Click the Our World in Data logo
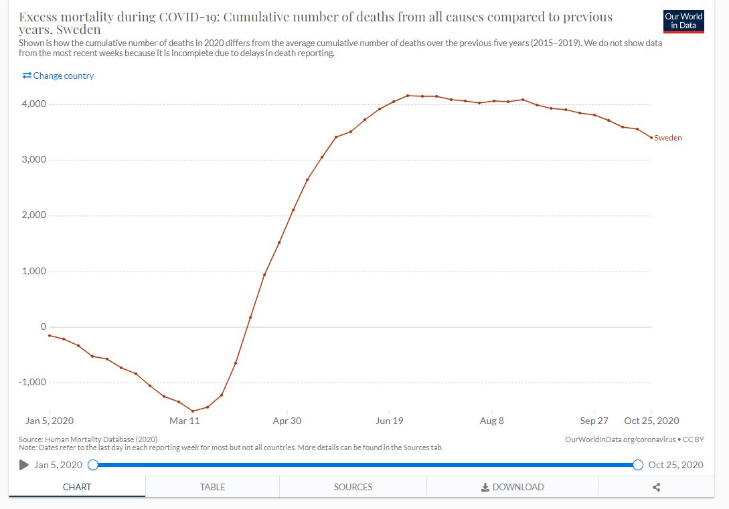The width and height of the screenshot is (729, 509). click(x=683, y=21)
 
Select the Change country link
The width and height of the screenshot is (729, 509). click(x=58, y=76)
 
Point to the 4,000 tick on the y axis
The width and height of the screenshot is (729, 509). click(x=33, y=104)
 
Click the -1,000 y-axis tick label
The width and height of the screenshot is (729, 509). click(x=31, y=383)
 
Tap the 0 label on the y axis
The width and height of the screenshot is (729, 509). click(x=43, y=327)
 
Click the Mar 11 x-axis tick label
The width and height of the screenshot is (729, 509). click(x=185, y=421)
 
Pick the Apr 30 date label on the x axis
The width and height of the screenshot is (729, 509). click(x=287, y=421)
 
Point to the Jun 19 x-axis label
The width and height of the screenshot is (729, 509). click(x=390, y=421)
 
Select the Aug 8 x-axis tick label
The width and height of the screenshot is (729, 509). click(x=491, y=421)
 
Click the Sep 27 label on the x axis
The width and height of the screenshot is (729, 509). click(x=594, y=421)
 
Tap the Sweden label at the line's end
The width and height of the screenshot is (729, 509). click(x=668, y=138)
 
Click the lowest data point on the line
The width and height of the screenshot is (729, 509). click(x=193, y=411)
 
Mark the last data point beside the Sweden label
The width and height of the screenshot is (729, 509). click(x=651, y=138)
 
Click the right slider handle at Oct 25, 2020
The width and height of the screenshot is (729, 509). click(x=638, y=465)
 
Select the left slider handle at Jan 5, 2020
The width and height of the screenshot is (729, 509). click(x=93, y=465)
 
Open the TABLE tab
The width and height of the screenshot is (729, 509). click(x=212, y=487)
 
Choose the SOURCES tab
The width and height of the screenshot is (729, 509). click(x=353, y=487)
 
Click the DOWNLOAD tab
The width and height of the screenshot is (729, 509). click(x=512, y=487)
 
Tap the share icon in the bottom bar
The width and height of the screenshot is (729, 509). click(x=656, y=487)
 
